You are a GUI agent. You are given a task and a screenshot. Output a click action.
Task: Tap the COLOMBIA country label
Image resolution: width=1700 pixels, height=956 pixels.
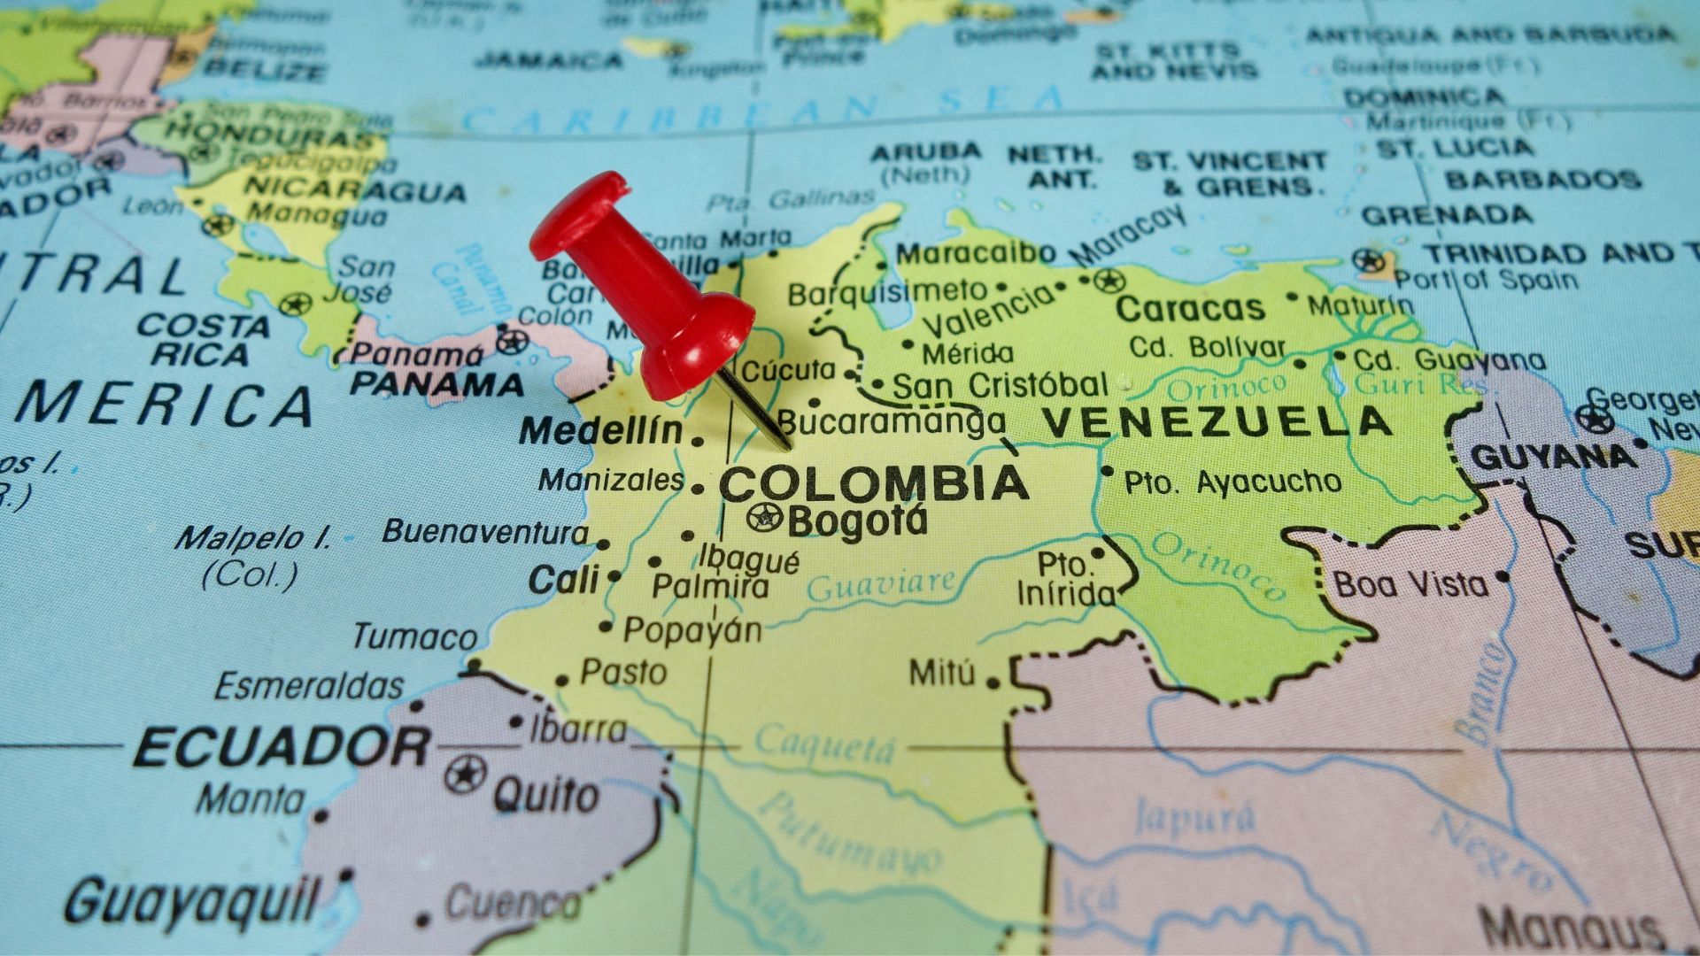click(873, 483)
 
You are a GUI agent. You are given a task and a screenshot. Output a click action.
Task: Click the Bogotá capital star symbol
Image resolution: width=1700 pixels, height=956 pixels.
click(762, 516)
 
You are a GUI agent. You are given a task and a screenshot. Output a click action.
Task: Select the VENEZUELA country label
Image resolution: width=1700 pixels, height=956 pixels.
click(1216, 422)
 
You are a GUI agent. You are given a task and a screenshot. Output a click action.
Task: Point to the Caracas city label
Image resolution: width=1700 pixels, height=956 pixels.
click(1190, 309)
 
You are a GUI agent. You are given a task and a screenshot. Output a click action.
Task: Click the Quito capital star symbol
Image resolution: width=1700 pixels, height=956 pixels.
click(465, 775)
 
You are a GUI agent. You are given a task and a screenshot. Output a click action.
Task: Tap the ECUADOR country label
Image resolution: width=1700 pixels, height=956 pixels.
click(282, 748)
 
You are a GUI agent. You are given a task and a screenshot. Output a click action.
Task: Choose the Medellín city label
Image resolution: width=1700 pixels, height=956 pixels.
click(601, 432)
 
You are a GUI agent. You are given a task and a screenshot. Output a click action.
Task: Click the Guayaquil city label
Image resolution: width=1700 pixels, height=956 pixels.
click(190, 901)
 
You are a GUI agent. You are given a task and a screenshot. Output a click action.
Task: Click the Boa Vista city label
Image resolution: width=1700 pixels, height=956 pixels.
click(1411, 584)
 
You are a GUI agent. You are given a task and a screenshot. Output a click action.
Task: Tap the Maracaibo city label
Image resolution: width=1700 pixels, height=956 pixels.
click(976, 254)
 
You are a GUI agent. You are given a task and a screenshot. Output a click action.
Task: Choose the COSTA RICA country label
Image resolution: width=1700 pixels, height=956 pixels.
click(204, 340)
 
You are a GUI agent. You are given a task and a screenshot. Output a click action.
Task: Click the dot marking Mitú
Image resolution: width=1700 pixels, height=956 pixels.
click(993, 682)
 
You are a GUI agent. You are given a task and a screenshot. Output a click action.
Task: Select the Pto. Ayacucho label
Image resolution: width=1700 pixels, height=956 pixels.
click(1232, 482)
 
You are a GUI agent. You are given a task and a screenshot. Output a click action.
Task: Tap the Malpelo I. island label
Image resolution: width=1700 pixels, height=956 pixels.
click(252, 538)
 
